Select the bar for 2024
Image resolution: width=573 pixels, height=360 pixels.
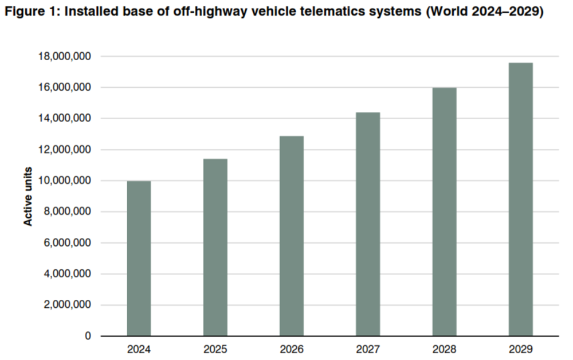[x=139, y=259]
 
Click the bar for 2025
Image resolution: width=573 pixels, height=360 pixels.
[x=215, y=247]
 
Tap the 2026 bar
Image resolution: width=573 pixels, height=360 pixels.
[x=291, y=236]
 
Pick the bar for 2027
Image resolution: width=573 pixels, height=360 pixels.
[x=368, y=224]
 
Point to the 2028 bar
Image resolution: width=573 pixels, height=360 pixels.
[x=444, y=212]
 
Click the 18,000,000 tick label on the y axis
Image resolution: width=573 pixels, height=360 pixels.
[x=64, y=57]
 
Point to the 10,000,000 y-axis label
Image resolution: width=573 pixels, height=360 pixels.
[x=64, y=181]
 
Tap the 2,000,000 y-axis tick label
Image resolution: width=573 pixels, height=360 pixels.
[x=66, y=305]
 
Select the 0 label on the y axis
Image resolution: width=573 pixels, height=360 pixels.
[x=87, y=336]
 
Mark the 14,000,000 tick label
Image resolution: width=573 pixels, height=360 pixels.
[x=64, y=119]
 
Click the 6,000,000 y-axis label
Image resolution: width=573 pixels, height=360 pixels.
[x=66, y=243]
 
